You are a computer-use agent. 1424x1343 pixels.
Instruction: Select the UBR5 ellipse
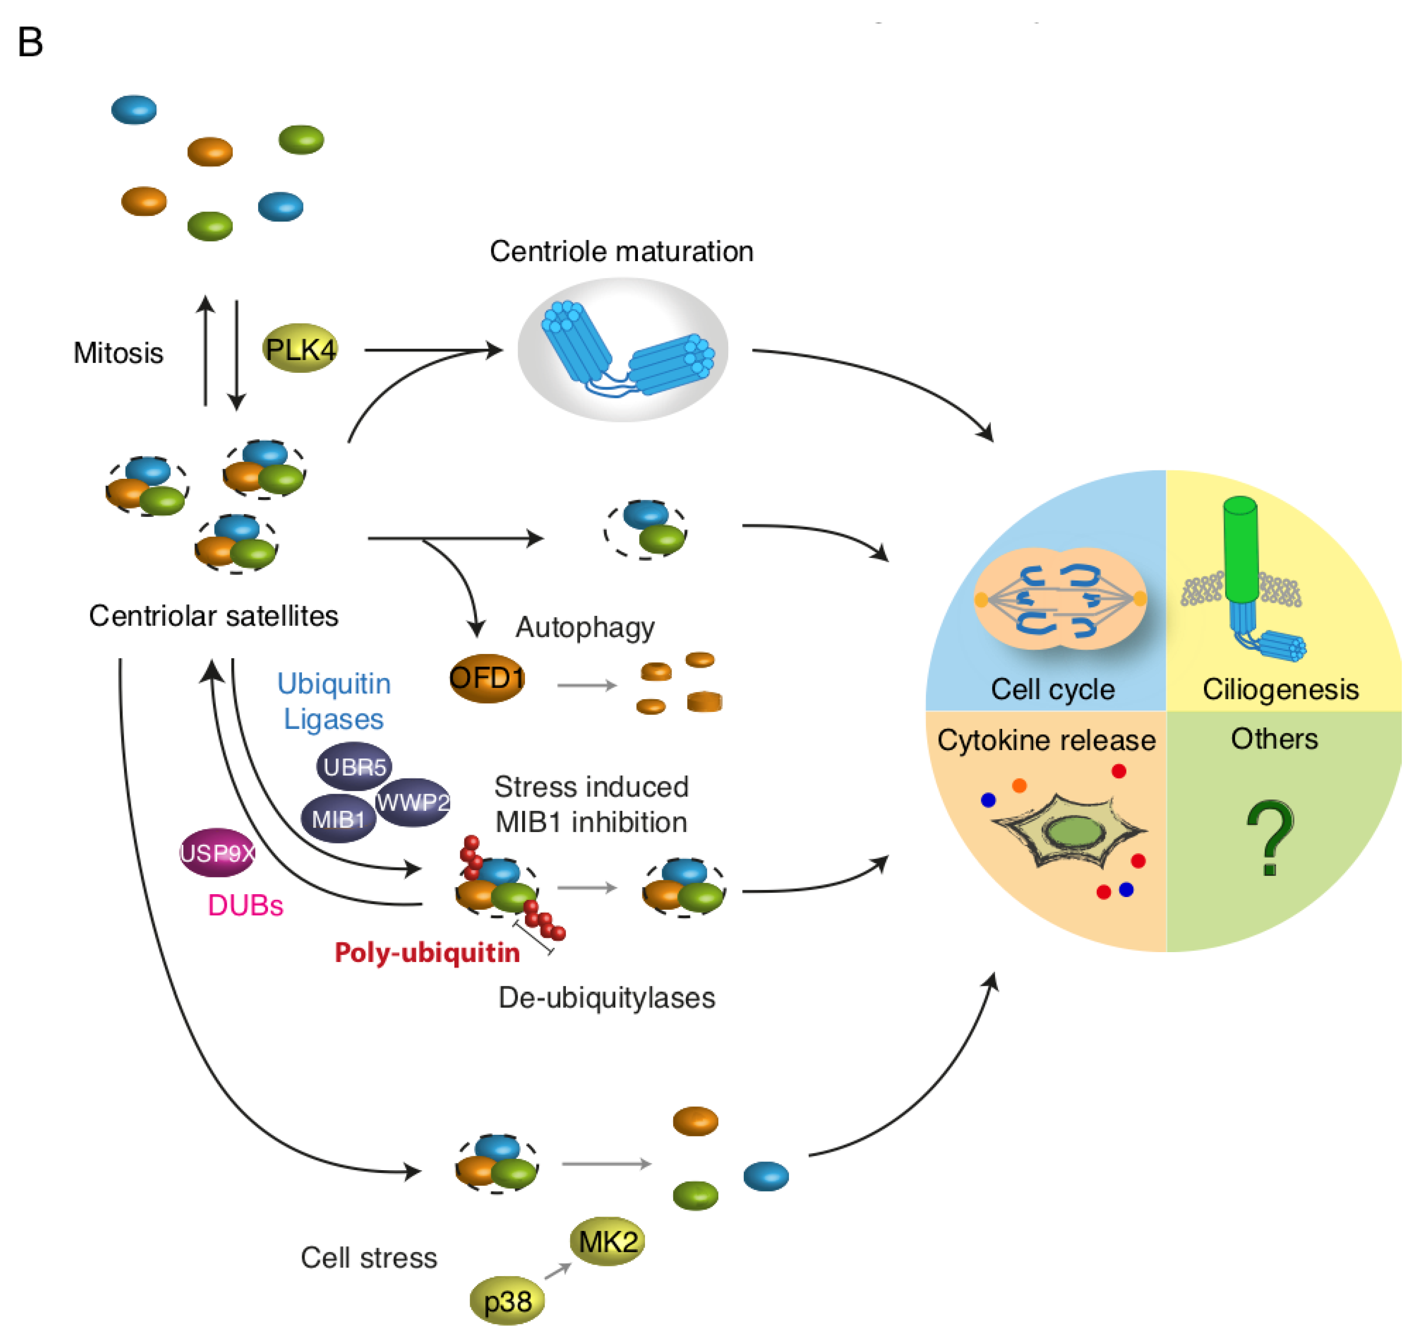(x=354, y=767)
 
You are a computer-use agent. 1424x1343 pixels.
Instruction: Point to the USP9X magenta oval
(x=217, y=852)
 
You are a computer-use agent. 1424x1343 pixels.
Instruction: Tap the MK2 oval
(x=608, y=1241)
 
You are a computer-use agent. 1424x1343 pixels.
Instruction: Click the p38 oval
(x=507, y=1300)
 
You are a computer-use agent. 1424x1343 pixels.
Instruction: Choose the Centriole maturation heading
(x=621, y=251)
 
